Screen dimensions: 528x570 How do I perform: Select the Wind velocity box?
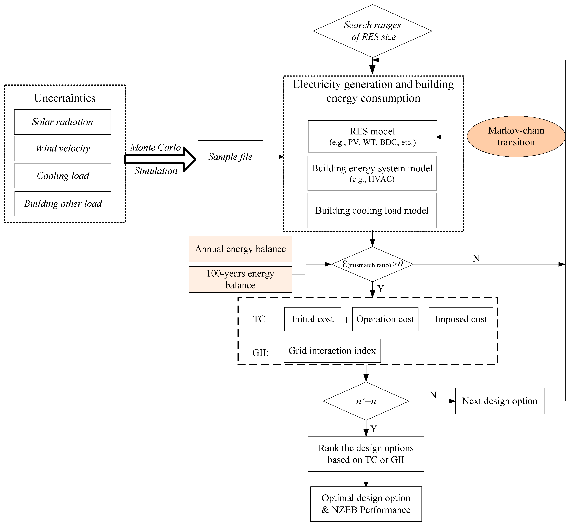(x=63, y=148)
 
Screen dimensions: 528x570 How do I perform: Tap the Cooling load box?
(x=63, y=175)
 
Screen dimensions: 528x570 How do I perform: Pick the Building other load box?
(x=63, y=204)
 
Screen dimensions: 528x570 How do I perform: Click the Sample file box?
(x=230, y=157)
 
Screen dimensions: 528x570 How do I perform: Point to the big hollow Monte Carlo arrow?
(x=160, y=159)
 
